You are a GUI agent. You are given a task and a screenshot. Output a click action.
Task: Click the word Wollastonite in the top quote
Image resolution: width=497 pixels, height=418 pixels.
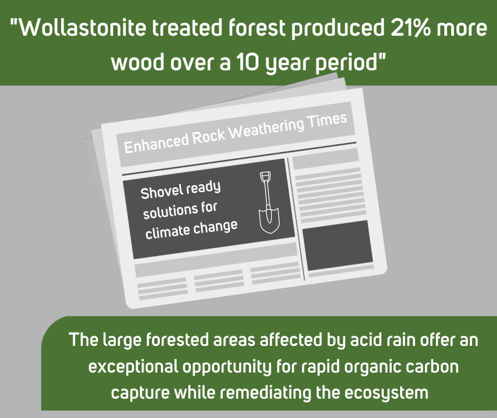82,28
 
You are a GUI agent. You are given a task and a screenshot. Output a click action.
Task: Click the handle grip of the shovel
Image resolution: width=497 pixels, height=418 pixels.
265,177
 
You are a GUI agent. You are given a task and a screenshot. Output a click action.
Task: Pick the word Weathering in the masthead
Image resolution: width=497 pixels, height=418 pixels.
267,128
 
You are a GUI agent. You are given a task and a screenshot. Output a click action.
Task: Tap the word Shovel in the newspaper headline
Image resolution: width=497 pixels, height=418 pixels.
162,192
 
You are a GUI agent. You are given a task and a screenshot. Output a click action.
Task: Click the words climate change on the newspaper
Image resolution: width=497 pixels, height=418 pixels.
191,230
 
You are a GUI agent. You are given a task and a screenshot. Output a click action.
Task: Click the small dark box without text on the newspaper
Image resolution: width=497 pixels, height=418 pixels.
338,245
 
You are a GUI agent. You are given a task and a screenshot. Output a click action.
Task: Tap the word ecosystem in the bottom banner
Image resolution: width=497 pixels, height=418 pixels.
386,393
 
